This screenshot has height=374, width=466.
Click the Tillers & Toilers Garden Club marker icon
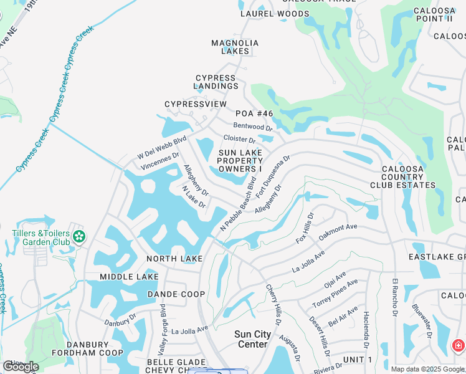pyautogui.click(x=79, y=236)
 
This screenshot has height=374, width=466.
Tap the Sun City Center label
pyautogui.click(x=252, y=339)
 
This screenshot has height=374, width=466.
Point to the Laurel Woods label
pyautogui.click(x=275, y=13)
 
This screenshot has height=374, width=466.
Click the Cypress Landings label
pyautogui.click(x=215, y=82)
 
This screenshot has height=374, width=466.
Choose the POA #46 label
pyautogui.click(x=254, y=113)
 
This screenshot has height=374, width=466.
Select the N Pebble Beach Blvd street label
pyautogui.click(x=239, y=204)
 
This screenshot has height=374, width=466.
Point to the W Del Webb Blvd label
pyautogui.click(x=163, y=148)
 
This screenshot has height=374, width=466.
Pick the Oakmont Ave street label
pyautogui.click(x=338, y=232)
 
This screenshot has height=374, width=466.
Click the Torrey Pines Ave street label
pyautogui.click(x=335, y=293)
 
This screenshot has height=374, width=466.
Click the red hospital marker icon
pyautogui.click(x=458, y=345)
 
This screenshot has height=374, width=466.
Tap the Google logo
pyautogui.click(x=21, y=366)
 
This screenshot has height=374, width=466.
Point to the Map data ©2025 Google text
pyautogui.click(x=427, y=369)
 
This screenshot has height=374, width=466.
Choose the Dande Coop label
pyautogui.click(x=176, y=294)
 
